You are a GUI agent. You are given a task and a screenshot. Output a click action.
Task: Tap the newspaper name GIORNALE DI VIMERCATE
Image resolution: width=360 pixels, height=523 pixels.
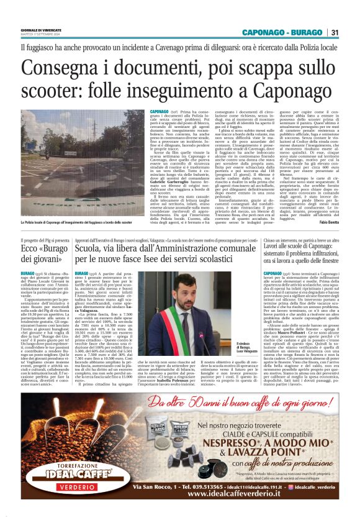pyautogui.click(x=42, y=30)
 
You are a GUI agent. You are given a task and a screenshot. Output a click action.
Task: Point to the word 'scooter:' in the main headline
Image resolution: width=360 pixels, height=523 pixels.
pyautogui.click(x=50, y=91)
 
